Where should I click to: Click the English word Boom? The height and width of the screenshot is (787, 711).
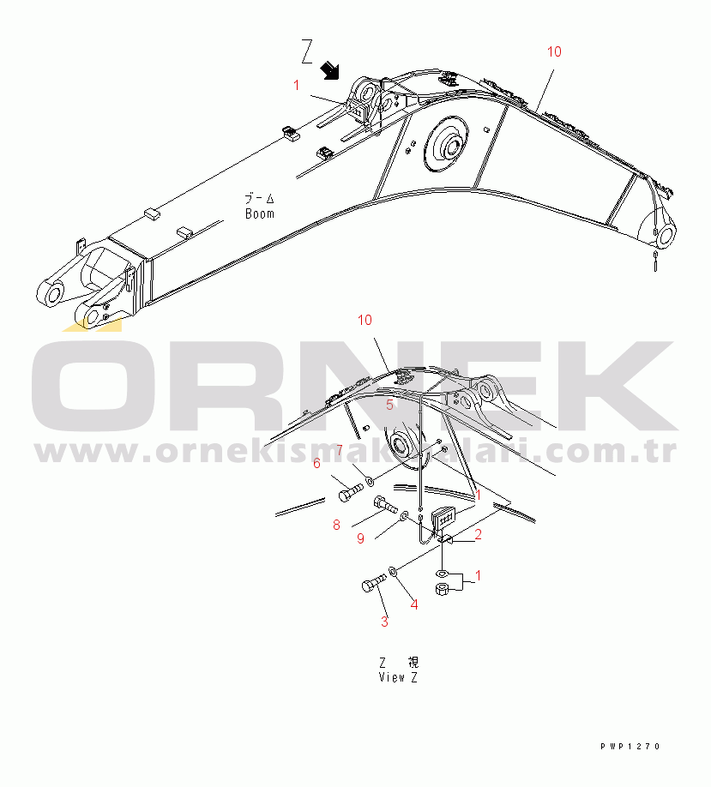(x=260, y=213)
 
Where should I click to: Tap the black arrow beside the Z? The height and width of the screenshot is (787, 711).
(x=330, y=70)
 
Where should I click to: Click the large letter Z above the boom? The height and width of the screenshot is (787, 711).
(x=307, y=51)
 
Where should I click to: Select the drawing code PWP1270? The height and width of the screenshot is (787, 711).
(x=630, y=747)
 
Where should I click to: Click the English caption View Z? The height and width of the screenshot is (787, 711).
(x=398, y=677)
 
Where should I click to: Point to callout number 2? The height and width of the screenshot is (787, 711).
(x=478, y=535)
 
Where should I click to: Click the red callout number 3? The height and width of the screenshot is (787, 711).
(x=384, y=622)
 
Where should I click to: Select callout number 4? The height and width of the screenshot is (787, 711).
(x=413, y=604)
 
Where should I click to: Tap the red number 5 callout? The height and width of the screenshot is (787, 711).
(x=389, y=405)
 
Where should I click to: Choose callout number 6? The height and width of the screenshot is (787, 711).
(x=316, y=463)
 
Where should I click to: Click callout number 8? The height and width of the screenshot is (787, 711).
(x=336, y=525)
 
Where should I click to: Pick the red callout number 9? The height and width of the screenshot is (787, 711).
(x=360, y=538)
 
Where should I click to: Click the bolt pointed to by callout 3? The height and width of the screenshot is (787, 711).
(x=373, y=583)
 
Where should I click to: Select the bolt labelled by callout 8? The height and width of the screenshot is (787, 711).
(x=385, y=503)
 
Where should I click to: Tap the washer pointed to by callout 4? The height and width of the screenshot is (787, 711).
(x=393, y=572)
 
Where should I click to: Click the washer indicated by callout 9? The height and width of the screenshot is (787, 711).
(x=404, y=515)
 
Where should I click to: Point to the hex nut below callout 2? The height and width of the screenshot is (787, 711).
(x=442, y=589)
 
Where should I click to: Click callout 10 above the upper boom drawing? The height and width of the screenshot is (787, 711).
(x=554, y=51)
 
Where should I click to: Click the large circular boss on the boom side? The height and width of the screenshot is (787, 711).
(x=446, y=144)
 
